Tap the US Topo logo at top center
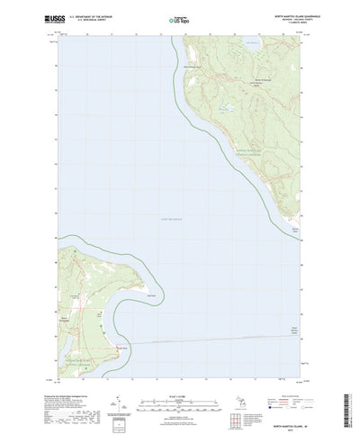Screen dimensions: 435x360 [x=179, y=17]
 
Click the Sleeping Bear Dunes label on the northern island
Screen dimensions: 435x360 [x=243, y=150]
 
